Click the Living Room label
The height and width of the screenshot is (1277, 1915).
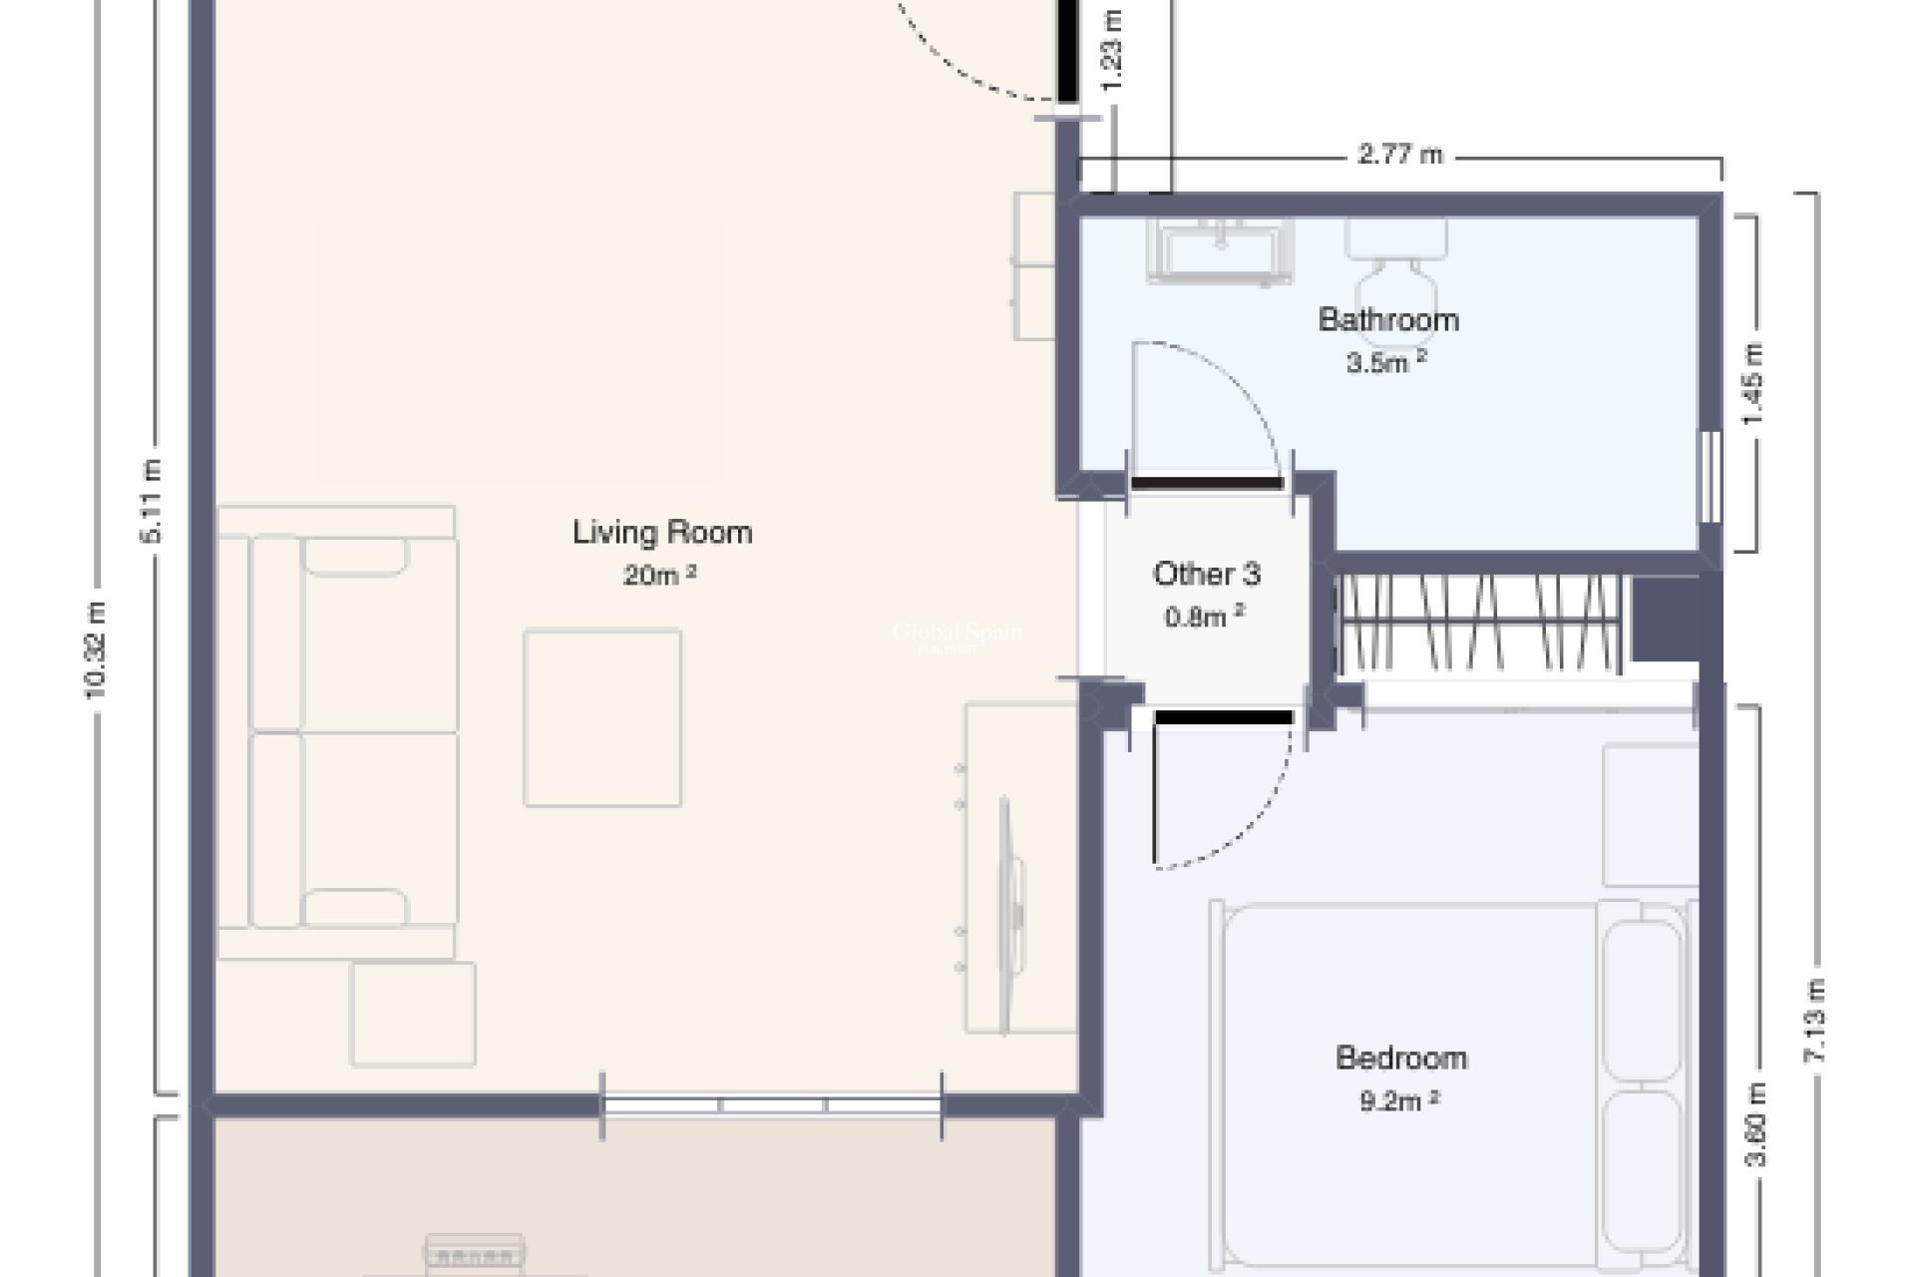tap(662, 532)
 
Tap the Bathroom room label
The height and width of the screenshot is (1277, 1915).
tap(1388, 319)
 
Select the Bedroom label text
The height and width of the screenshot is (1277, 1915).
tap(1400, 1058)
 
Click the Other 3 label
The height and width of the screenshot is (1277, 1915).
tap(1207, 574)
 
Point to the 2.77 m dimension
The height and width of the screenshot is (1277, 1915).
tap(1400, 155)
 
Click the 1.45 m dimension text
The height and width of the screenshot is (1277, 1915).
tap(1753, 384)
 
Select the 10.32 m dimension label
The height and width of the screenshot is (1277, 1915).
tap(96, 648)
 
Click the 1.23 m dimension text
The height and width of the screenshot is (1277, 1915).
tap(1114, 50)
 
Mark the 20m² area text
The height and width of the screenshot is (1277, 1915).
tap(659, 575)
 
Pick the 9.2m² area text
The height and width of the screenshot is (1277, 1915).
tap(1399, 1100)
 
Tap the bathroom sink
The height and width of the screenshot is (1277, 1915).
tap(1221, 249)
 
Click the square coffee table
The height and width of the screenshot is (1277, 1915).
tap(602, 717)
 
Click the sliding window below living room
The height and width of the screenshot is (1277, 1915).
tap(771, 1105)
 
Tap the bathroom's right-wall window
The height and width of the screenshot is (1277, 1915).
tap(1711, 476)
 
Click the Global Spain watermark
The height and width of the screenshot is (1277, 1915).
tap(956, 634)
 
